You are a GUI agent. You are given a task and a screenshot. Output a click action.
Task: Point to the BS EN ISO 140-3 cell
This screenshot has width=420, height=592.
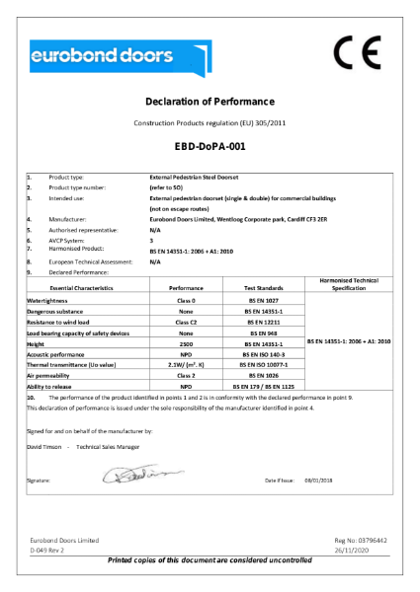point(259,354)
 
